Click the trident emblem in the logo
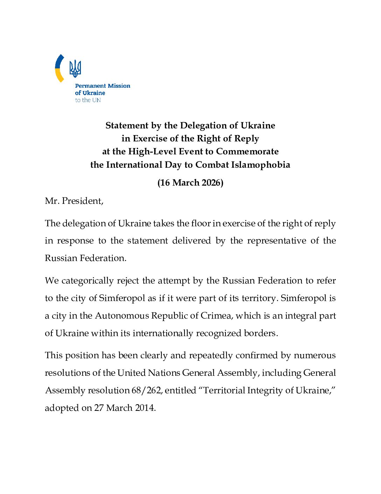pyautogui.click(x=75, y=68)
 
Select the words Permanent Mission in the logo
pyautogui.click(x=102, y=86)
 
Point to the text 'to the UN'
pyautogui.click(x=88, y=100)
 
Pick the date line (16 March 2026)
pyautogui.click(x=190, y=183)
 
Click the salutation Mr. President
pyautogui.click(x=74, y=201)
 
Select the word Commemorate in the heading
pyautogui.click(x=247, y=152)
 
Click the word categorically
pyautogui.click(x=88, y=281)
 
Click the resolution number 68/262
pyautogui.click(x=146, y=390)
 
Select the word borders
pyautogui.click(x=261, y=333)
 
